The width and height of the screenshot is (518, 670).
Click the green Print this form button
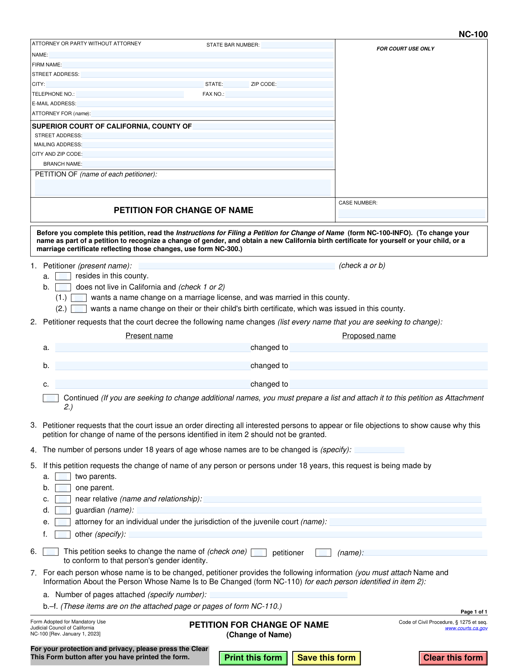point(253,658)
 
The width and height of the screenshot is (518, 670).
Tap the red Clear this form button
point(453,658)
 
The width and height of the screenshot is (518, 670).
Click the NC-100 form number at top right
point(473,35)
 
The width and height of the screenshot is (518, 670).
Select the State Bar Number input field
point(297,45)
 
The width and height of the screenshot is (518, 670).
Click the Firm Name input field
point(198,65)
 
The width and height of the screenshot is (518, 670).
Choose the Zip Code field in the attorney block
point(305,84)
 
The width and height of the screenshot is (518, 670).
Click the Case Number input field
point(411,214)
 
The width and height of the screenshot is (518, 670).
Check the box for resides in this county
point(63,276)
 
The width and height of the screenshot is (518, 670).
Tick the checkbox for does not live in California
point(63,287)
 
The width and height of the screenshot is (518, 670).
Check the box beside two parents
point(63,477)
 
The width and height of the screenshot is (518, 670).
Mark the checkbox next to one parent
point(63,488)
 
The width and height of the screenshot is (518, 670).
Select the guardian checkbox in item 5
point(63,510)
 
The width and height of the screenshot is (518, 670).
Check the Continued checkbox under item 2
point(51,398)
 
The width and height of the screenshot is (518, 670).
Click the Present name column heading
point(149,336)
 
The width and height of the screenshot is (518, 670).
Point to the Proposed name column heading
point(369,336)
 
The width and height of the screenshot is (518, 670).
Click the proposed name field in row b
point(388,366)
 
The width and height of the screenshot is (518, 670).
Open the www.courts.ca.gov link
point(466,628)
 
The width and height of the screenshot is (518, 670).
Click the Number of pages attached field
point(278,595)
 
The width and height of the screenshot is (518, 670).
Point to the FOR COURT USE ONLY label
point(405,49)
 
